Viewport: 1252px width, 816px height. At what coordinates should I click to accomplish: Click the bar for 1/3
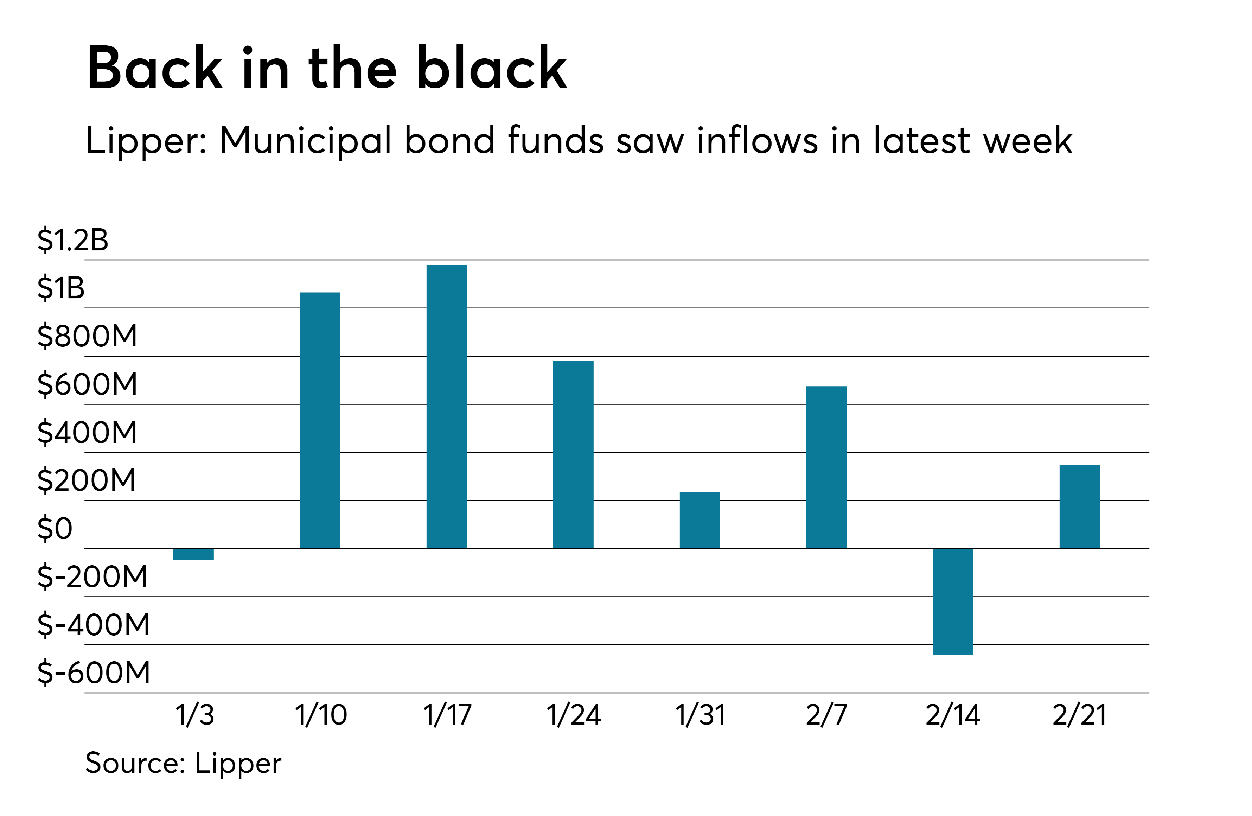tap(193, 554)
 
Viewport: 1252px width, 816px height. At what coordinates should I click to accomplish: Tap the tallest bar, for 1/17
tap(447, 406)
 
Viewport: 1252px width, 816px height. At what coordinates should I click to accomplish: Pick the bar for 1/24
tap(573, 454)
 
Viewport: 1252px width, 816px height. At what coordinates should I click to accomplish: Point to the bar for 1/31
tap(700, 520)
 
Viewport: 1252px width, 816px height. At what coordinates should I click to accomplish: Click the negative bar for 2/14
tap(953, 601)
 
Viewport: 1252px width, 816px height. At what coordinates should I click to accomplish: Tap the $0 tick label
tap(54, 529)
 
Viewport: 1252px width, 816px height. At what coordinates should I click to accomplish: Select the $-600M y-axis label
tap(94, 672)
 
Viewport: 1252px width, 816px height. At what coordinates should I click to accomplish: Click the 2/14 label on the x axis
tap(953, 715)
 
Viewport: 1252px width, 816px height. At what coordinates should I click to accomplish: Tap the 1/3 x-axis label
tap(194, 715)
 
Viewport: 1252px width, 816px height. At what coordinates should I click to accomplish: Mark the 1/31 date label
tap(700, 715)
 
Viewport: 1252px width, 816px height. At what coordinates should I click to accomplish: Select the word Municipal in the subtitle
tap(305, 141)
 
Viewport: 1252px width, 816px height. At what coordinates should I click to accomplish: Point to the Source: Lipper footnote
tap(183, 763)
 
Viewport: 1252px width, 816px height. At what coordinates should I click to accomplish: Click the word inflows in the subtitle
tap(758, 141)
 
